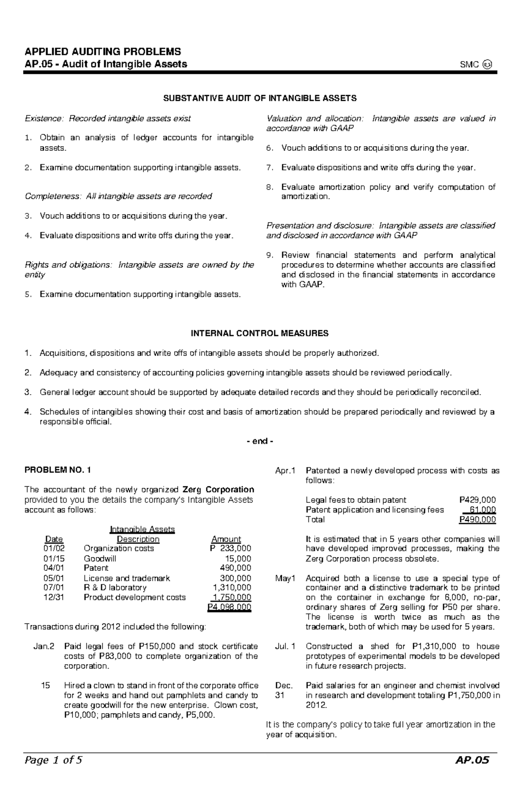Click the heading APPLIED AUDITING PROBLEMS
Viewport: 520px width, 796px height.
point(103,52)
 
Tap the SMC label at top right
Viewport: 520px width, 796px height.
point(470,65)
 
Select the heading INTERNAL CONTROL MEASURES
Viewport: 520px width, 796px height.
point(260,333)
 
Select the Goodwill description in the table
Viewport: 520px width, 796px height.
point(100,558)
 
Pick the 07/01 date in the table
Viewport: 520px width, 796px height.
point(54,587)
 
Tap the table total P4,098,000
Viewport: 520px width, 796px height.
point(229,607)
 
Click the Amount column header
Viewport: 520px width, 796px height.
point(226,539)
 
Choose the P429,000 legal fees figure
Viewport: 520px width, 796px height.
point(478,500)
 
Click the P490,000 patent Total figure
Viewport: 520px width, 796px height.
point(478,519)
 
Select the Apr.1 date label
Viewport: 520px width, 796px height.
point(285,470)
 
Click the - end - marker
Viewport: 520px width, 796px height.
point(260,441)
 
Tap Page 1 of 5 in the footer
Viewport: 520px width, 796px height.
point(53,772)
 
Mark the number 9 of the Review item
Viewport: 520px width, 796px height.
point(270,255)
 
